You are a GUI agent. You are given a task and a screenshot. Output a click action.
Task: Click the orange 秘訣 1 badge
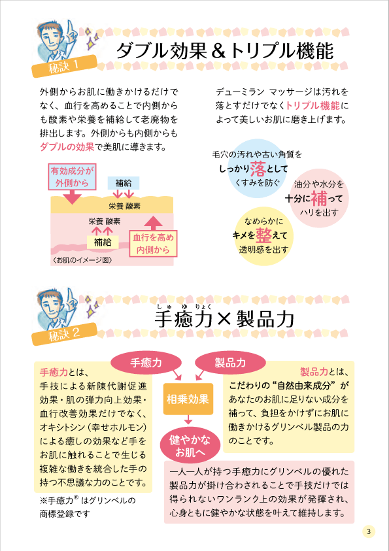pyautogui.click(x=64, y=66)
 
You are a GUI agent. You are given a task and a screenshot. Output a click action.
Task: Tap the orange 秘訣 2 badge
pyautogui.click(x=64, y=334)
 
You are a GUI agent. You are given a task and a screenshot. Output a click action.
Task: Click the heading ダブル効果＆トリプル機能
pyautogui.click(x=224, y=52)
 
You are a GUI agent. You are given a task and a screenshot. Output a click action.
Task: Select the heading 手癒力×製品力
pyautogui.click(x=224, y=320)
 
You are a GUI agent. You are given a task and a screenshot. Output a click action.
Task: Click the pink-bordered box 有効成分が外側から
pyautogui.click(x=72, y=176)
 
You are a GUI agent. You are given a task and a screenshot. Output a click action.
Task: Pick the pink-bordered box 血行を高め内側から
pyautogui.click(x=153, y=244)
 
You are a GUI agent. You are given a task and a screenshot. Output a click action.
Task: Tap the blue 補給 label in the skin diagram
pyautogui.click(x=124, y=183)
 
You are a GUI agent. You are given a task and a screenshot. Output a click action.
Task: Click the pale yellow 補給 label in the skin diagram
pyautogui.click(x=103, y=242)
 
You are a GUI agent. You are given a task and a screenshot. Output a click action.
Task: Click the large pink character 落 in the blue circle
pyautogui.click(x=259, y=169)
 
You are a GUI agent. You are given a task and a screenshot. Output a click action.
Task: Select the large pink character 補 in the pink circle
pyautogui.click(x=320, y=199)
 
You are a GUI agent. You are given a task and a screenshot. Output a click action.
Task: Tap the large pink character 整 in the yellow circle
pyautogui.click(x=264, y=235)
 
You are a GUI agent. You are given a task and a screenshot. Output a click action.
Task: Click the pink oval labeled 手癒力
pyautogui.click(x=146, y=363)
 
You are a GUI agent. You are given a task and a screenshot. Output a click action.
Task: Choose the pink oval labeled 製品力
pyautogui.click(x=231, y=363)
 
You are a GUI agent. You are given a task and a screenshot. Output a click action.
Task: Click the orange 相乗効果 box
pyautogui.click(x=188, y=399)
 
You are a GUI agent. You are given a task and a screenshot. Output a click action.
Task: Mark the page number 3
pyautogui.click(x=369, y=531)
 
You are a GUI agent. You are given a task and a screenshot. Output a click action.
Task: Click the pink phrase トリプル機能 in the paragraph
pyautogui.click(x=313, y=105)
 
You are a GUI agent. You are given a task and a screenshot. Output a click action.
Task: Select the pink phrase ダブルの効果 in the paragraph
pyautogui.click(x=67, y=147)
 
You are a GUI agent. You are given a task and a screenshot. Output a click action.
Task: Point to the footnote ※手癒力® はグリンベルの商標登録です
pyautogui.click(x=88, y=507)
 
